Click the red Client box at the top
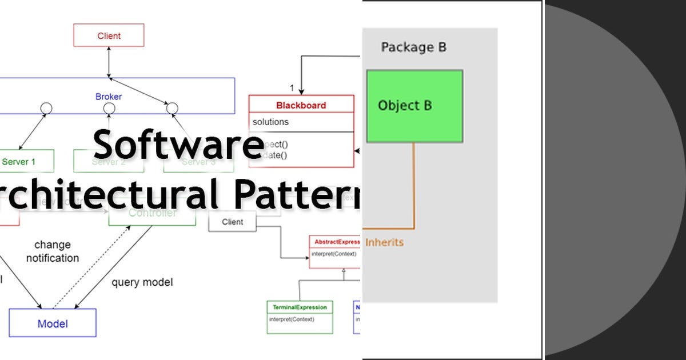(109, 35)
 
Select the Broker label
(109, 97)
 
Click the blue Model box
(53, 323)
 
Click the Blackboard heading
(301, 105)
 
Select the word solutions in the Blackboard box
(271, 122)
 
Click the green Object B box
(414, 106)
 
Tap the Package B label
(413, 47)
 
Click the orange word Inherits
(384, 242)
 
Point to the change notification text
(53, 251)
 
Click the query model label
(142, 282)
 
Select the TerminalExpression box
(300, 317)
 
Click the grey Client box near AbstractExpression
(232, 222)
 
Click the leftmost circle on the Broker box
(46, 107)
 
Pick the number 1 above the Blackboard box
(292, 88)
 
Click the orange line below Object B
(413, 183)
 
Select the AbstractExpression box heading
(336, 242)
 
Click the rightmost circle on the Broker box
(171, 107)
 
